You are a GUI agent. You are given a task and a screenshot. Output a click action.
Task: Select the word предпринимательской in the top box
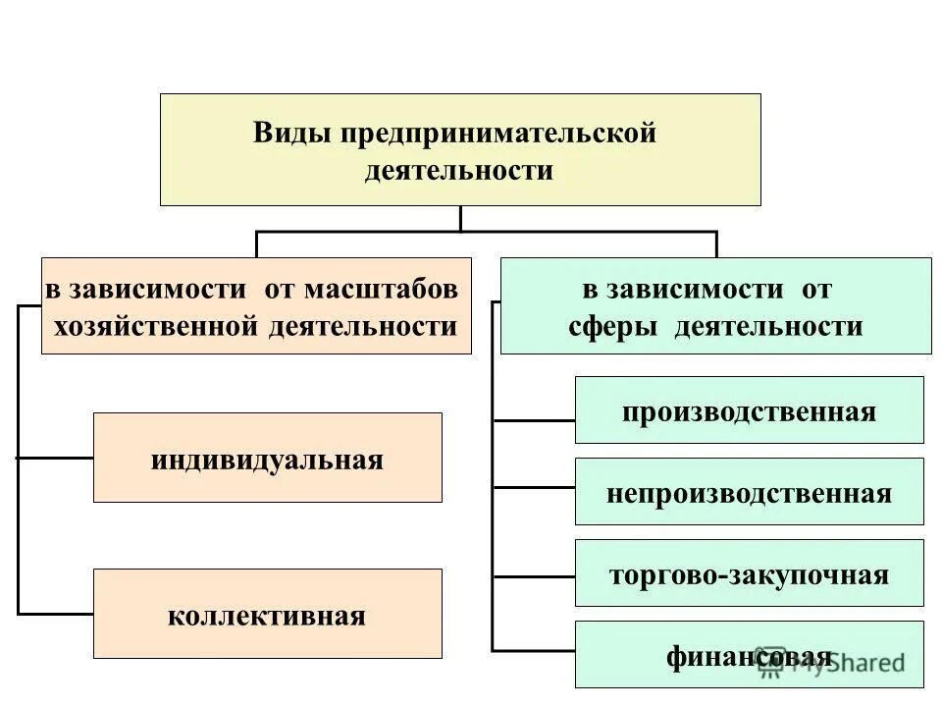click(497, 133)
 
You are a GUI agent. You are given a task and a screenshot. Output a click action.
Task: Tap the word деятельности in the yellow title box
click(459, 170)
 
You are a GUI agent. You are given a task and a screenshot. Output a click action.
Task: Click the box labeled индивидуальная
click(267, 458)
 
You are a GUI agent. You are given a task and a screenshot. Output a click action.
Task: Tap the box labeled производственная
click(749, 410)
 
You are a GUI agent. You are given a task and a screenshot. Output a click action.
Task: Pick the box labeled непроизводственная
click(749, 492)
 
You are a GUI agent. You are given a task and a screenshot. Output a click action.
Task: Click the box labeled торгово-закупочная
click(749, 573)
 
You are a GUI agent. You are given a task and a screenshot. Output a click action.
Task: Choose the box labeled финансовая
click(749, 654)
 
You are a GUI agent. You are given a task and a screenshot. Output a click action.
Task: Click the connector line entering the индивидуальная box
click(55, 458)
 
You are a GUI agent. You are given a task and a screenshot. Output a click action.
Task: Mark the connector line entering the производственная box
click(533, 420)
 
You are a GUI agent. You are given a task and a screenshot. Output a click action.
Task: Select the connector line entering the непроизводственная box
click(533, 486)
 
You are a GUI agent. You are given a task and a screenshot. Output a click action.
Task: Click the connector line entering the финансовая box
click(533, 649)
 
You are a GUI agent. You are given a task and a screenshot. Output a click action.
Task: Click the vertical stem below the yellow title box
click(460, 218)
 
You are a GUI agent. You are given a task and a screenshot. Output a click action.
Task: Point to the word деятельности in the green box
click(768, 325)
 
